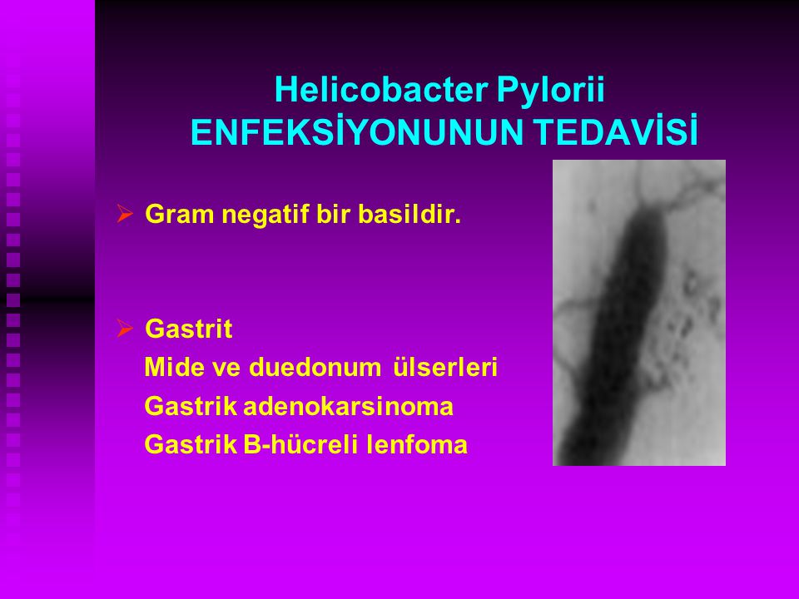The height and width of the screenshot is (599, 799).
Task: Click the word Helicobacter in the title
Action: (x=381, y=90)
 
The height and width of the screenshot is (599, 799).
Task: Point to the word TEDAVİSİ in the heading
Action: (x=616, y=132)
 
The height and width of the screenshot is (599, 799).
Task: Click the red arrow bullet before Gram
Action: (x=124, y=214)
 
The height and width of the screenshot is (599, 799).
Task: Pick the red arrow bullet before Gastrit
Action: (x=124, y=328)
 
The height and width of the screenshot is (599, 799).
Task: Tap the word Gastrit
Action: (x=189, y=329)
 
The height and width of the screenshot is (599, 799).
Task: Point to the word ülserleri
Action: (x=445, y=367)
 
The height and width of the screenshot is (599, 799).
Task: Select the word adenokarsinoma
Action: (x=348, y=407)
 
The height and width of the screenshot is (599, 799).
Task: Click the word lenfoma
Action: (x=417, y=444)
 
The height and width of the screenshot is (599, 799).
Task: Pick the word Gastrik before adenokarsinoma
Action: (x=191, y=407)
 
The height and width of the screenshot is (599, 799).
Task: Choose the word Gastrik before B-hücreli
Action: (x=191, y=444)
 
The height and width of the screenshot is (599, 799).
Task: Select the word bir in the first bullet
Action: (x=333, y=214)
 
